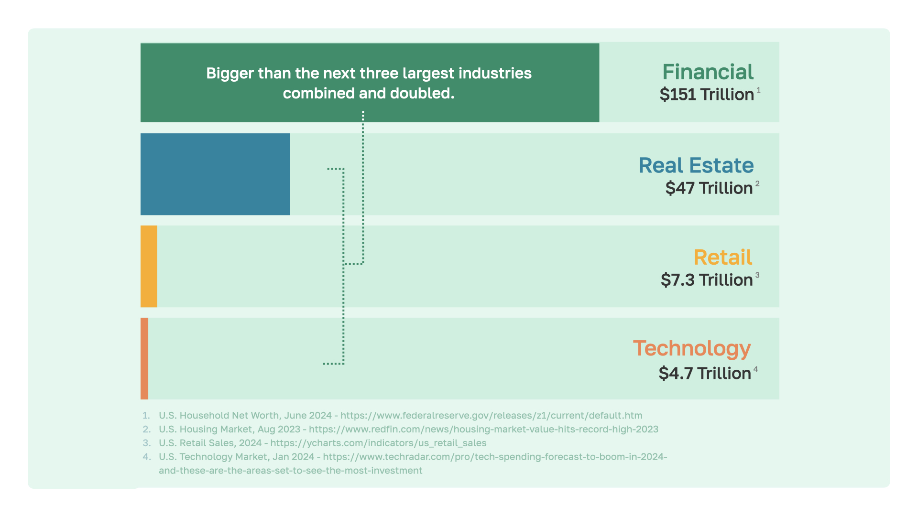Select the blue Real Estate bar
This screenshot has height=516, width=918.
point(215,174)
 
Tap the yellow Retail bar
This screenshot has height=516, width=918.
point(149,266)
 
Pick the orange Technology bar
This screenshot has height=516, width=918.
point(144,358)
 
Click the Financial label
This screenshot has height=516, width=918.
point(708,72)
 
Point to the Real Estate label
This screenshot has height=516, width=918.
point(696,165)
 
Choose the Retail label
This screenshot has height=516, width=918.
point(722,258)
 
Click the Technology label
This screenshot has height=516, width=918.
point(692,349)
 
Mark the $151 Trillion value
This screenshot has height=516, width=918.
point(707,95)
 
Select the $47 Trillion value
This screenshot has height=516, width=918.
point(709,188)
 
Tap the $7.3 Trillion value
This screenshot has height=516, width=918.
point(707,280)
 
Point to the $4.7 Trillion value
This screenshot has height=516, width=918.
point(705,373)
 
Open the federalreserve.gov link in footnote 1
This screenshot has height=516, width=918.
point(491,416)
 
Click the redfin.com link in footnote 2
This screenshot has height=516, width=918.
point(483,430)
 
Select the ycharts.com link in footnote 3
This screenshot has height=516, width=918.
point(378,443)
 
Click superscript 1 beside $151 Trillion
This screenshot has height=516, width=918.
point(759,90)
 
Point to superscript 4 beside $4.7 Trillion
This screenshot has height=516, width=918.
point(755,369)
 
